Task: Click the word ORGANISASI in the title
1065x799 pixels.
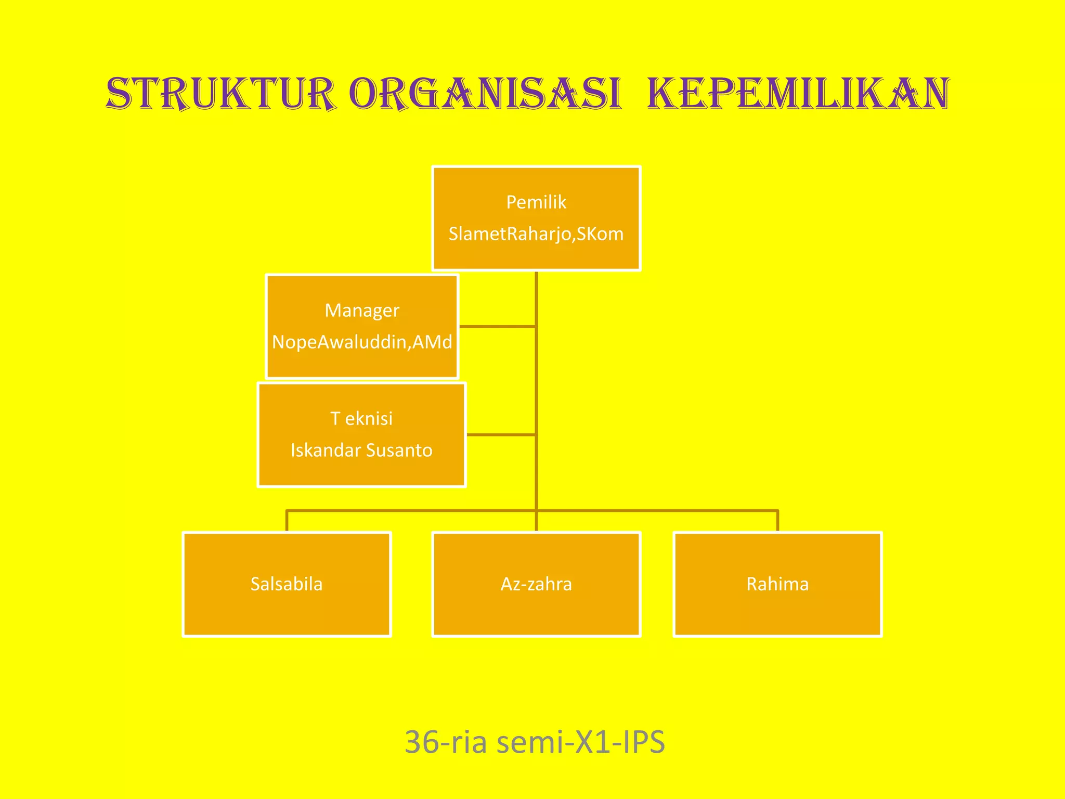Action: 485,94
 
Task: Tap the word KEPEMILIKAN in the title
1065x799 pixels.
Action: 798,94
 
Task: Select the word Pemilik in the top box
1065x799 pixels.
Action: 536,202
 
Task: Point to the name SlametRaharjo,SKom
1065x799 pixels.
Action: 536,234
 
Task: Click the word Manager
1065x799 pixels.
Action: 362,310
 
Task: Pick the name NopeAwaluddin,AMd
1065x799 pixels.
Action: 362,342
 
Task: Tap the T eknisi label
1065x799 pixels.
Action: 362,418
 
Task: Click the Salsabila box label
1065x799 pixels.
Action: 287,584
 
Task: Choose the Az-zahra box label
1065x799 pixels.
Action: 536,584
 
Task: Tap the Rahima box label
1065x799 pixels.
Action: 777,584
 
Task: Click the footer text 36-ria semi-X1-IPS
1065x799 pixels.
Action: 535,742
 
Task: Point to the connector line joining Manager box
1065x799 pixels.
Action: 497,327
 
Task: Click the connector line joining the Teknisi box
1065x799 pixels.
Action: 501,434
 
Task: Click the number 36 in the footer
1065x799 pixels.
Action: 422,742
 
